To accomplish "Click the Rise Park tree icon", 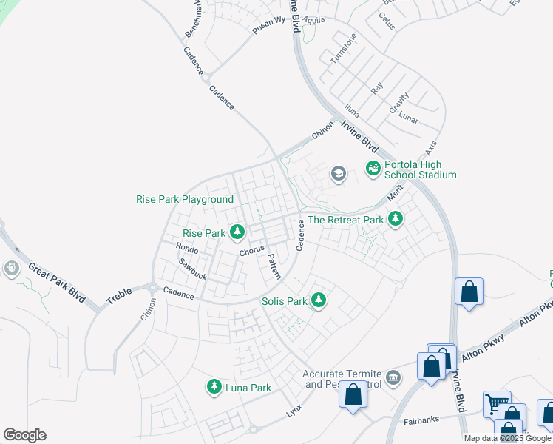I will tap(237, 233).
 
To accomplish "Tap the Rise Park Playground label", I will tap(185, 200).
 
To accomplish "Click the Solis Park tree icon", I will tap(318, 300).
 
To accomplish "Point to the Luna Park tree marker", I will tap(214, 386).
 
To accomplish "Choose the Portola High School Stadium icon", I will tap(373, 169).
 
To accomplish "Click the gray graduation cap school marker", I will tap(338, 174).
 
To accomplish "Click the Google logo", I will tap(24, 435).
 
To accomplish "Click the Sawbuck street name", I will tap(192, 269).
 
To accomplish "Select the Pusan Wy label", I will tap(268, 22).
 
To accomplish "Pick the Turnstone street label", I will tap(343, 48).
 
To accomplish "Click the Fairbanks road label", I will tap(421, 420).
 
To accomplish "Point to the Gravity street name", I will tap(399, 102).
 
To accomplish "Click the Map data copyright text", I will tap(507, 438).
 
